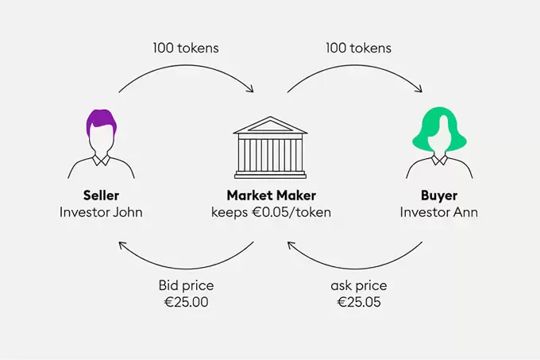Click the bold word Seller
tap(101, 195)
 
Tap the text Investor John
tap(101, 212)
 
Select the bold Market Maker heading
tap(271, 195)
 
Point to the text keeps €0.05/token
tap(271, 212)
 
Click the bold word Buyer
tap(439, 195)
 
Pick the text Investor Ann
tap(438, 212)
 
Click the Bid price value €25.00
tap(187, 302)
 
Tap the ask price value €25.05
tap(359, 302)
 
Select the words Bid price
tap(187, 285)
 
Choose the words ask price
tap(359, 286)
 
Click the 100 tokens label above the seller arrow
tap(186, 48)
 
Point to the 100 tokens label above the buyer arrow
tap(358, 48)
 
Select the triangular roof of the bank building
tap(270, 125)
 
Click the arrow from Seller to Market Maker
tap(186, 65)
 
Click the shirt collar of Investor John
tap(102, 160)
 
